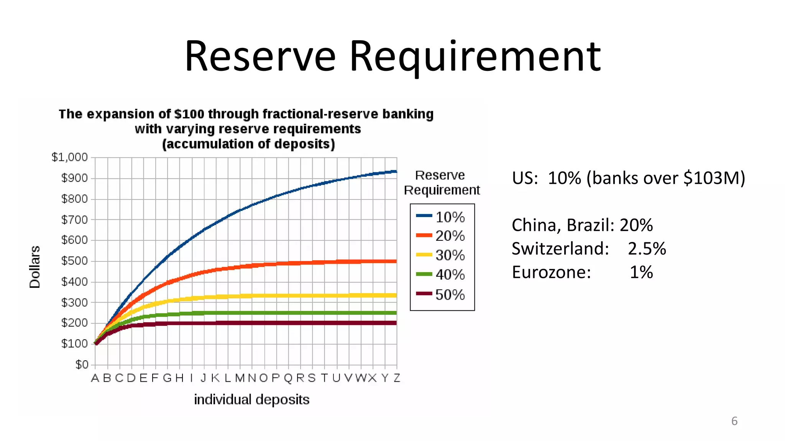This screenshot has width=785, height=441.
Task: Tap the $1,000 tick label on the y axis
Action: tap(70, 157)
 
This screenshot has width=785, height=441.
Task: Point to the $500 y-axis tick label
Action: tap(74, 261)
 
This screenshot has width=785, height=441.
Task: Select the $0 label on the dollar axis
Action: tap(82, 364)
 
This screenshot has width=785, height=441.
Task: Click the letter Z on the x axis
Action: tap(397, 378)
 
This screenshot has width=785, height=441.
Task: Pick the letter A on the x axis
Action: tap(95, 378)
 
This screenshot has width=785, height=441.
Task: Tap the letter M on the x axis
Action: tap(240, 378)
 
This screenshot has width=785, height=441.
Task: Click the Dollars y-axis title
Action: tap(35, 267)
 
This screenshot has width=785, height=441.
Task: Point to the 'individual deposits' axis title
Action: tap(251, 400)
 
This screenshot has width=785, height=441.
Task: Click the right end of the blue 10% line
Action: tap(396, 171)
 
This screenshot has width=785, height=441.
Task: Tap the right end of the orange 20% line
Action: tap(396, 261)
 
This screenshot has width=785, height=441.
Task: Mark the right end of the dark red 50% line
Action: tap(396, 323)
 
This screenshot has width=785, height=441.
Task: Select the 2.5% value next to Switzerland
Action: tap(647, 249)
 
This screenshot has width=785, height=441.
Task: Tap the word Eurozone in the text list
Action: tap(551, 273)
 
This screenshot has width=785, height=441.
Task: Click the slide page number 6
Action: tap(734, 421)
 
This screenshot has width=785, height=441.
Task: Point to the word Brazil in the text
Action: tap(590, 225)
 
